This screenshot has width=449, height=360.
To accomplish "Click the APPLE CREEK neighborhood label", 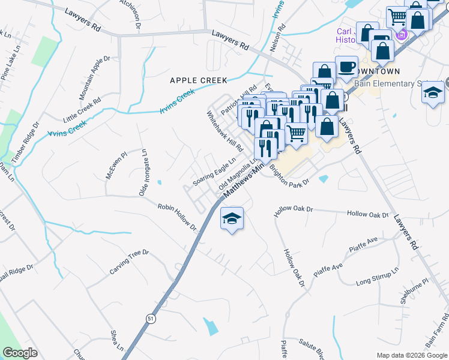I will (198, 80).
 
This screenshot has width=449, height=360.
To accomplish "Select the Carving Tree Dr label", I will (128, 262).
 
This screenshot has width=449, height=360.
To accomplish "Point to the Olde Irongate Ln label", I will (143, 173).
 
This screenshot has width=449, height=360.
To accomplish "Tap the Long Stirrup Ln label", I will (377, 278).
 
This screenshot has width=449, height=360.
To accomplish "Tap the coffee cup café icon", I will (346, 67).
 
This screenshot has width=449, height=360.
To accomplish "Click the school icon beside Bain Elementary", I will (432, 93).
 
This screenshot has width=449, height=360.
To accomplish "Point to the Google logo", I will (20, 353).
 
